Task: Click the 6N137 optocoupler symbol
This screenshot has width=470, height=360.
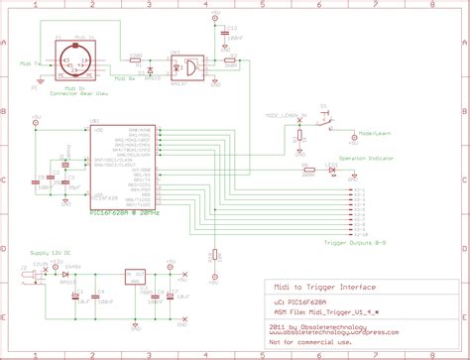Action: coord(186,66)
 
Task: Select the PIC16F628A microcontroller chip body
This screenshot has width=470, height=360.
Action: coord(125,164)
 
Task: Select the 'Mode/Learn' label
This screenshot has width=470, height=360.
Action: coord(377,132)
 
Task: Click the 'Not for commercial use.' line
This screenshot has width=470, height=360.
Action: coord(309,343)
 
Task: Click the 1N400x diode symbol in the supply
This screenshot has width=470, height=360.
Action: coord(64,272)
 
